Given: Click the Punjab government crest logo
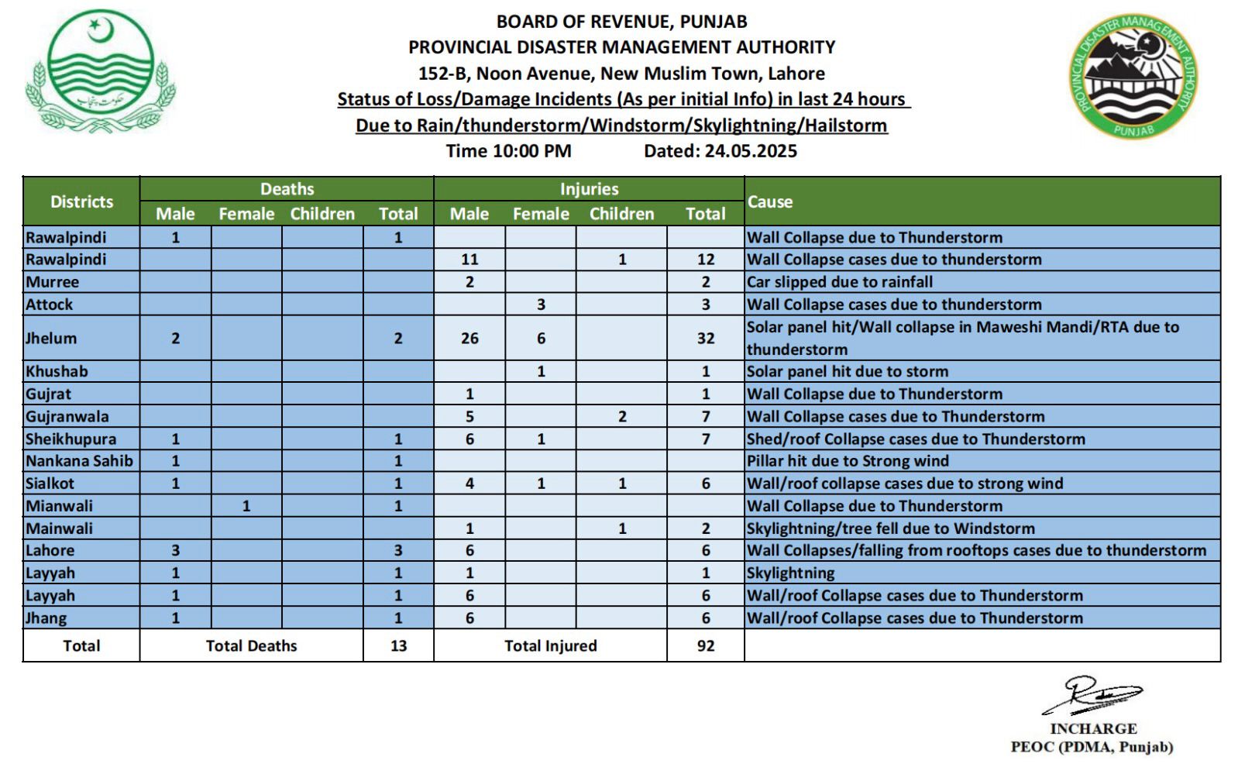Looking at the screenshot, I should click(101, 72).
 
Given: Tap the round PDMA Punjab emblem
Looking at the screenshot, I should click(1133, 76).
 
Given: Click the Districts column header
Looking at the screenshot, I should click(81, 201).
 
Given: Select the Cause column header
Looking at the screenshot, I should click(770, 201).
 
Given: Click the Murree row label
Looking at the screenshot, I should click(52, 282).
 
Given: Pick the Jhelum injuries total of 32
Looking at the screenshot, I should click(705, 338).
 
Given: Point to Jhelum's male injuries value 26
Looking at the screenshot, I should click(469, 338).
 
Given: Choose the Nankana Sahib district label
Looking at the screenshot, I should click(79, 461).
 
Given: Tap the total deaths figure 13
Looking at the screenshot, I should click(398, 645).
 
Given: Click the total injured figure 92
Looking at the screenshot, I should click(705, 645).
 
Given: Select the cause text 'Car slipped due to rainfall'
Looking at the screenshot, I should click(839, 282).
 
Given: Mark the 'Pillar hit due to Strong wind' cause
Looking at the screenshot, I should click(848, 461).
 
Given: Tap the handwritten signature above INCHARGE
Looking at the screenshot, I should click(1092, 695).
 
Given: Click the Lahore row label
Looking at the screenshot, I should click(50, 551).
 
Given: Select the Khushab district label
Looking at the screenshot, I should click(57, 371).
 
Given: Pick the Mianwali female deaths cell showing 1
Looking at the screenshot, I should click(246, 506).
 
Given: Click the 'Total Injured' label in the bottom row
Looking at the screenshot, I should click(550, 645).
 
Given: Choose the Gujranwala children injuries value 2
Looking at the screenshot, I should click(622, 416).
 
